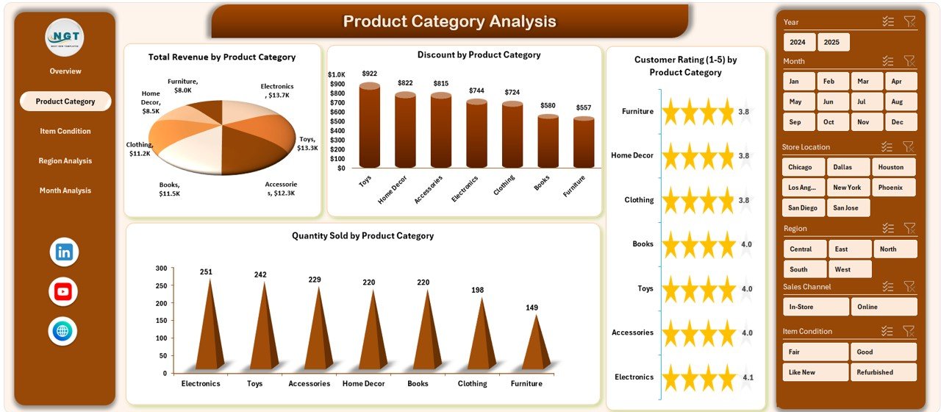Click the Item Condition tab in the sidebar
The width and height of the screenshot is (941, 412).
click(65, 131)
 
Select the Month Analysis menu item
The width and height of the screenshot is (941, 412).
click(65, 191)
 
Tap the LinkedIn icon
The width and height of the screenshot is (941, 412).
click(64, 252)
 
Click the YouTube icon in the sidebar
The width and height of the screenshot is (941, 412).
click(63, 292)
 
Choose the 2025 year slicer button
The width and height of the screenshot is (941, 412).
click(833, 42)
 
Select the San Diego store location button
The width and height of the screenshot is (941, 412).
click(802, 208)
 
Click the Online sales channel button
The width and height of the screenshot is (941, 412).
click(884, 307)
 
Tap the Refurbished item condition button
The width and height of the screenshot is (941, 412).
click(884, 372)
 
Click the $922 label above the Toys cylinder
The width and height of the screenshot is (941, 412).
click(370, 74)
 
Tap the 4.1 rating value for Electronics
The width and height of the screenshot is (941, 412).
click(748, 377)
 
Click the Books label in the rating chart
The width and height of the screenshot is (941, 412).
click(643, 244)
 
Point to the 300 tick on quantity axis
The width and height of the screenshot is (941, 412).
click(160, 269)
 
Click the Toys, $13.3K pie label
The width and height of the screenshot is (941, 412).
click(307, 143)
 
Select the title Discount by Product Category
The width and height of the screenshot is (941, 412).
click(479, 55)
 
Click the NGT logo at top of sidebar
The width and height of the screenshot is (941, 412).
click(65, 37)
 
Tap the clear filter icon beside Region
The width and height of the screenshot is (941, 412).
click(909, 229)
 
